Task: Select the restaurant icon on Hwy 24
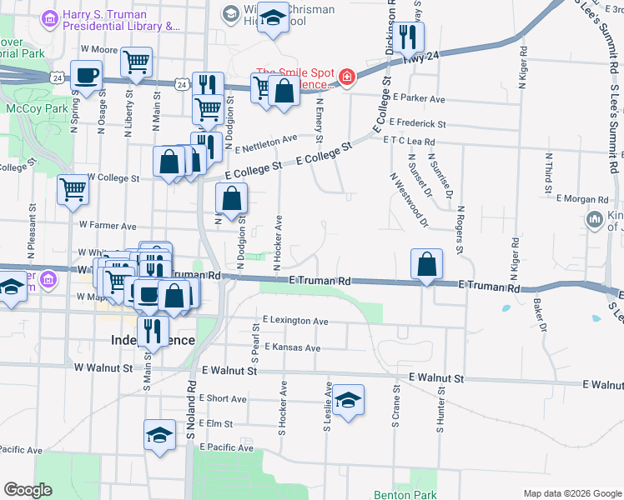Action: [x=409, y=37]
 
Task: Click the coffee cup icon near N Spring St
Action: [x=88, y=76]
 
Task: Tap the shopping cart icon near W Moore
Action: [x=136, y=61]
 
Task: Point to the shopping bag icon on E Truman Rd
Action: [x=427, y=264]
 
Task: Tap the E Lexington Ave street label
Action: [x=295, y=320]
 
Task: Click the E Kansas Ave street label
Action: [x=292, y=347]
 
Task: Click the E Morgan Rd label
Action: [x=581, y=200]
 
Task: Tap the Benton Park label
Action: [x=405, y=495]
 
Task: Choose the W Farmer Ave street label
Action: [x=108, y=225]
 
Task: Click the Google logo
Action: [x=28, y=490]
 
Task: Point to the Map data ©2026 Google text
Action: [x=571, y=493]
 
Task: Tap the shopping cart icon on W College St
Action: [x=73, y=189]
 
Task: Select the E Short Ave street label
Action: [x=224, y=398]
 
